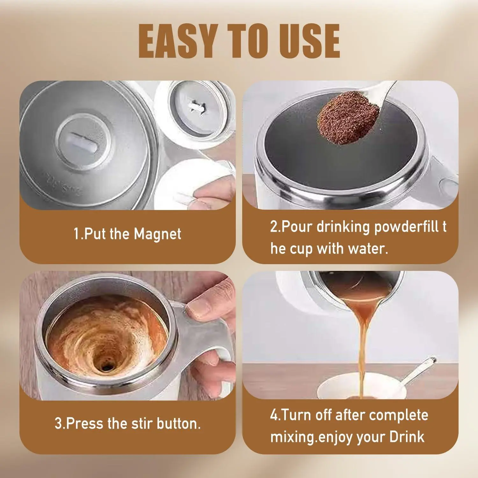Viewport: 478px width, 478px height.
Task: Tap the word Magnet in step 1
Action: (x=157, y=234)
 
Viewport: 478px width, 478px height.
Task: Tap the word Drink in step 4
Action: (x=407, y=437)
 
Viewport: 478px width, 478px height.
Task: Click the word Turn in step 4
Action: (x=296, y=415)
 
